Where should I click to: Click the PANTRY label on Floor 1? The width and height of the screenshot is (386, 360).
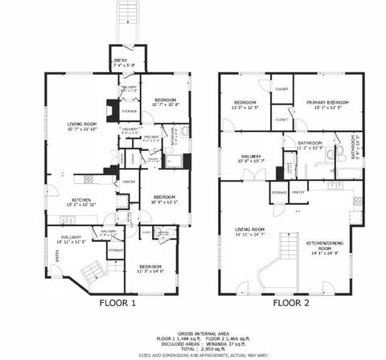[128, 183]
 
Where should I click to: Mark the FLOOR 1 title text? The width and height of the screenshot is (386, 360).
[117, 304]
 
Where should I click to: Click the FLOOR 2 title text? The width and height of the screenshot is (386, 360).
[291, 304]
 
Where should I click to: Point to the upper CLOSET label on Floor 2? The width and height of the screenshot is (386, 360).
[282, 89]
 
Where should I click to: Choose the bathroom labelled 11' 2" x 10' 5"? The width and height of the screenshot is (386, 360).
[310, 146]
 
